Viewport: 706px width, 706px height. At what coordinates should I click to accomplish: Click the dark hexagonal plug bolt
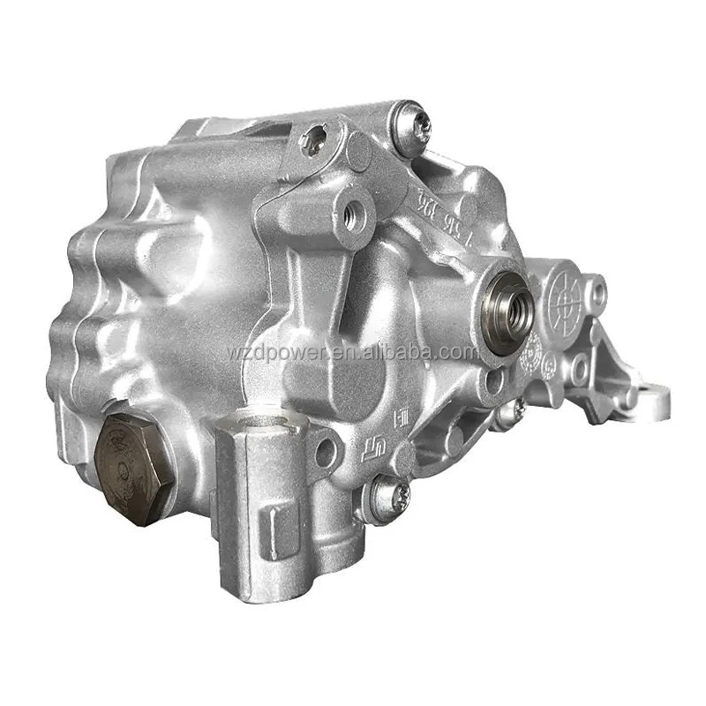pyautogui.click(x=132, y=464)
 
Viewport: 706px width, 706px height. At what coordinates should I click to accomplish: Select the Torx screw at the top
pyautogui.click(x=413, y=125)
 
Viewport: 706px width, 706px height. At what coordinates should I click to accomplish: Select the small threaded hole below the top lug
pyautogui.click(x=355, y=213)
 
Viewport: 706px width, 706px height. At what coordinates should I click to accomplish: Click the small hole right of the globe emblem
pyautogui.click(x=597, y=289)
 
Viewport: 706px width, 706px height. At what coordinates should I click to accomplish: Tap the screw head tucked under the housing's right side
pyautogui.click(x=517, y=408)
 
